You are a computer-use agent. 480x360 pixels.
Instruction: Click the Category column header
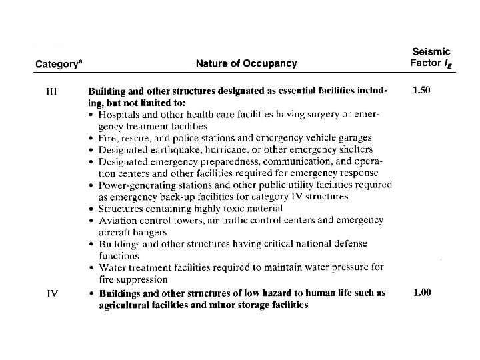point(58,65)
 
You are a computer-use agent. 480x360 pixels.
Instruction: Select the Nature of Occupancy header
point(247,64)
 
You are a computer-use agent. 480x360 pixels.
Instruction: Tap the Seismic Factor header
point(430,57)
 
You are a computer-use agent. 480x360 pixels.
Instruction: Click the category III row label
point(51,91)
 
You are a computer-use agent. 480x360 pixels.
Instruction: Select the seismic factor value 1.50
point(421,90)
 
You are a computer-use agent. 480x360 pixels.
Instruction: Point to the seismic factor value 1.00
point(422,292)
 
